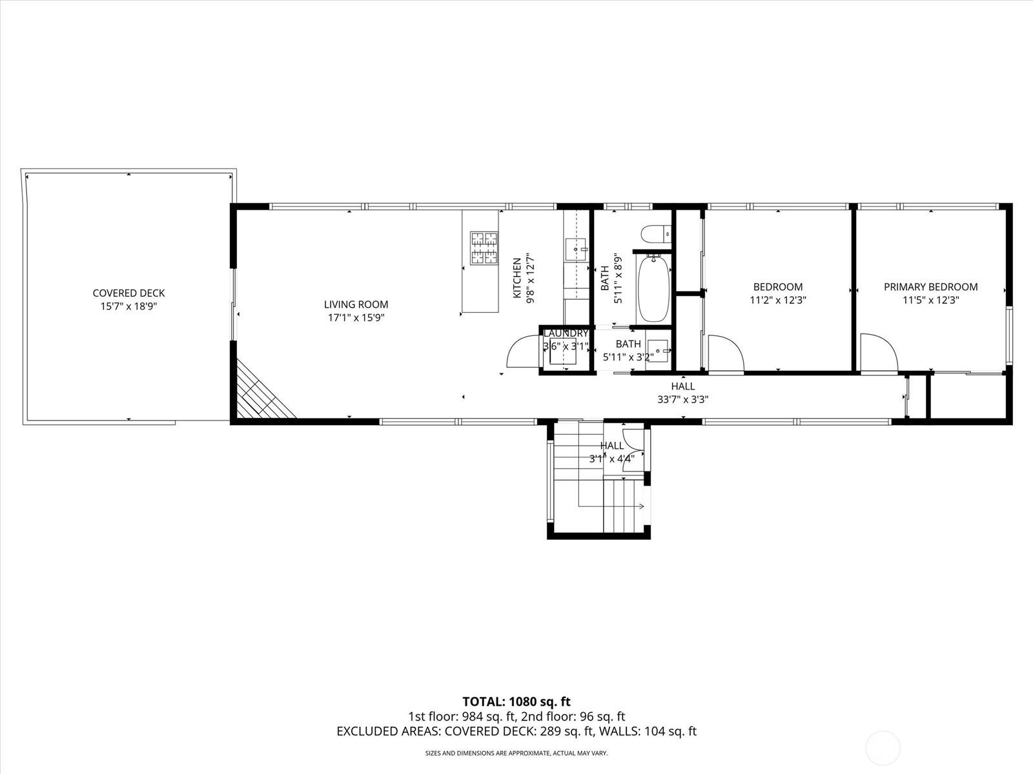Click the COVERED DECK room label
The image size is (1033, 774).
128,293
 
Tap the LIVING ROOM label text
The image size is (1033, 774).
356,304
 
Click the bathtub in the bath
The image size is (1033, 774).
653,288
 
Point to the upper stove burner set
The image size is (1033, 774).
484,240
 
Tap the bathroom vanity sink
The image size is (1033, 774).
658,351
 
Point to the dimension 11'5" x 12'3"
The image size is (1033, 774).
930,300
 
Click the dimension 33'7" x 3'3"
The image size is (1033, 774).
682,399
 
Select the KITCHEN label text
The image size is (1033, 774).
516,278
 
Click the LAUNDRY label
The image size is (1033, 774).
566,333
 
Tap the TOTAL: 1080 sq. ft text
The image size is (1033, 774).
516,701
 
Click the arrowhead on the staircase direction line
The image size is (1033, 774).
642,506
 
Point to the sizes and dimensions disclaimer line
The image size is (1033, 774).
516,753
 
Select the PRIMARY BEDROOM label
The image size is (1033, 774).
930,287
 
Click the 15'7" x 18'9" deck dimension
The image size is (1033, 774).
128,306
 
